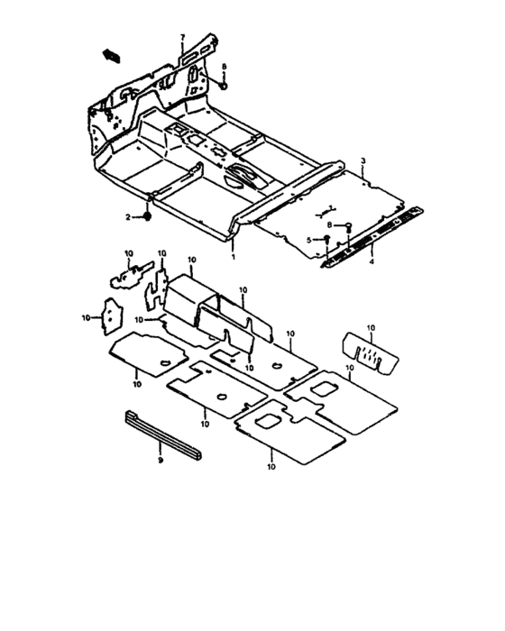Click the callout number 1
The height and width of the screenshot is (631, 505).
(233, 257)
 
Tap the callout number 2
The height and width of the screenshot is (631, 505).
(128, 217)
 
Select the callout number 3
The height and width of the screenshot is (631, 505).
(363, 161)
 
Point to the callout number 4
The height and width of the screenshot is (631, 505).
(372, 261)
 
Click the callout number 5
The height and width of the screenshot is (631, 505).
(309, 241)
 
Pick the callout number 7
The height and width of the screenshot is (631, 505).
(182, 38)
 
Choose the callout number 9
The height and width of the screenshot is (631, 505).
(161, 461)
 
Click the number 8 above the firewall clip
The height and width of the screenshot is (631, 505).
(225, 67)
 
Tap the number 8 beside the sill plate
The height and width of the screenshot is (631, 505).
(329, 225)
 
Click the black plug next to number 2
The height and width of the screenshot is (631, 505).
(147, 216)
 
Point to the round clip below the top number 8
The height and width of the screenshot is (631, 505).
(224, 86)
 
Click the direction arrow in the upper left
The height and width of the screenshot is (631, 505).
(112, 55)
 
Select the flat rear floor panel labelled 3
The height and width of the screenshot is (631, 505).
(329, 214)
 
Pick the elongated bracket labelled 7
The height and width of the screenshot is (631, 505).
(199, 50)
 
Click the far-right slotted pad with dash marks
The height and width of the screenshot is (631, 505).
(370, 353)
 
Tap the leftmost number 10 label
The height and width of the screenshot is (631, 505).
(86, 318)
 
